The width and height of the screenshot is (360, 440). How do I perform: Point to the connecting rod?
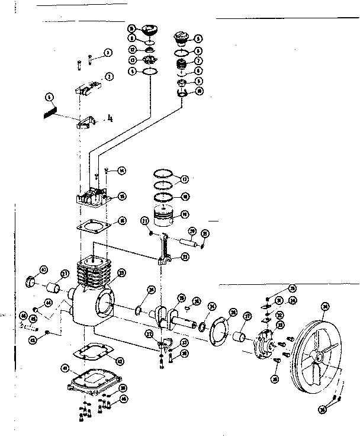coord(166,249)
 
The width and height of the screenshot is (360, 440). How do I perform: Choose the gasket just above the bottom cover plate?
coord(90,353)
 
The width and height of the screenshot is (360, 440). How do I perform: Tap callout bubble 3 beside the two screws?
coord(108,53)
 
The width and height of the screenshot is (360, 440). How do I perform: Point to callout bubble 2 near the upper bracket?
coord(109,75)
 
